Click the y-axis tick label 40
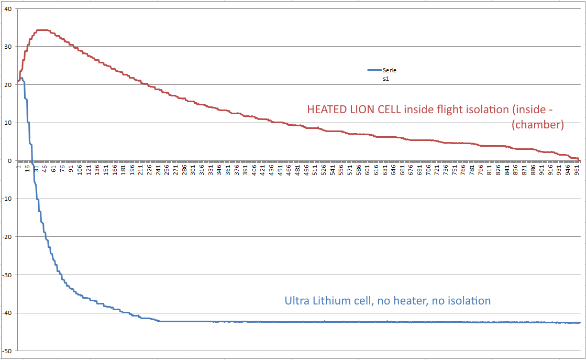8,9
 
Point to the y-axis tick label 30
8,47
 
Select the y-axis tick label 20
8,85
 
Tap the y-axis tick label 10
8,123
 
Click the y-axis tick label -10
7,199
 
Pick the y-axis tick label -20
7,237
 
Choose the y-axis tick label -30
7,275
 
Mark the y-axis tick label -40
7,313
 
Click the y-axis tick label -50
7,351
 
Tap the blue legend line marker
374,70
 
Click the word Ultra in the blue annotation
297,301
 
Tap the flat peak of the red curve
42,30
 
